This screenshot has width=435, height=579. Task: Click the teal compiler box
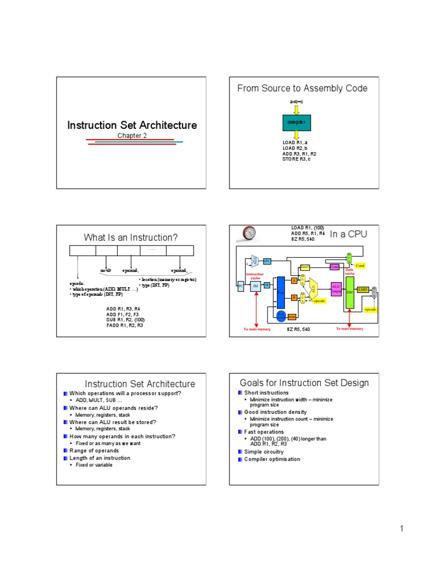point(296,122)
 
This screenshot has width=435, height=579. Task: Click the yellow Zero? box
point(305,267)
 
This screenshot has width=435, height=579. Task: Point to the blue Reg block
point(280,292)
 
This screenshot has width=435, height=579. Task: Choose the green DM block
point(349,292)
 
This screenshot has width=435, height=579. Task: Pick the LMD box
point(363,289)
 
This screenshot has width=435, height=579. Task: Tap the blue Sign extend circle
point(280,316)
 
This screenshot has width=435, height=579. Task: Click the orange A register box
point(294,280)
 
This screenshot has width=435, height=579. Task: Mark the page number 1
point(400,529)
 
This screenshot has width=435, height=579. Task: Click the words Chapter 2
point(132,136)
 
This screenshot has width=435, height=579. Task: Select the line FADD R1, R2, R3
point(125,326)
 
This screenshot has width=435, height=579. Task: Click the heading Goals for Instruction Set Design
point(304,383)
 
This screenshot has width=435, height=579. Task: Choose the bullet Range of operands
point(94,451)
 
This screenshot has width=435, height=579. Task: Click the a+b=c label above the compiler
point(296,102)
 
